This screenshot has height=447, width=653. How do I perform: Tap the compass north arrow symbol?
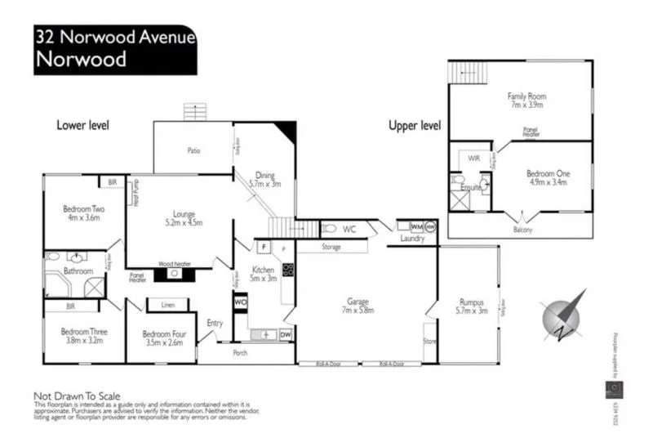[x=562, y=314]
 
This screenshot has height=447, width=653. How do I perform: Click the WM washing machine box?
[x=416, y=226]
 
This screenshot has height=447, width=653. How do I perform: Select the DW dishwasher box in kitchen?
[x=286, y=334]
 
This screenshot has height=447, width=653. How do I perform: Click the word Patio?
[x=193, y=150]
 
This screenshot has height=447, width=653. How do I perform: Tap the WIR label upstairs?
[x=473, y=157]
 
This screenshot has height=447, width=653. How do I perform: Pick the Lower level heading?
[x=82, y=125]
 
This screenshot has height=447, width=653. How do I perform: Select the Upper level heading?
[x=414, y=125]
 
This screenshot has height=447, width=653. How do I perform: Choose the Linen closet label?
[x=168, y=305]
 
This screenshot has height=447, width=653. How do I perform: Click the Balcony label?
[x=522, y=230]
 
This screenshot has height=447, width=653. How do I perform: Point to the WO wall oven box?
[x=241, y=302]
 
